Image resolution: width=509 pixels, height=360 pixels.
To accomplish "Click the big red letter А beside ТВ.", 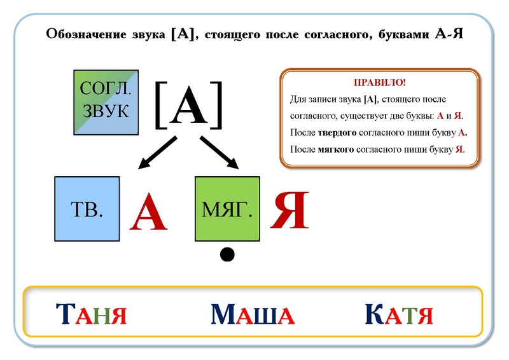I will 148,212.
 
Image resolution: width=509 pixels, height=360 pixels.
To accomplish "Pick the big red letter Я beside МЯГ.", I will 289,211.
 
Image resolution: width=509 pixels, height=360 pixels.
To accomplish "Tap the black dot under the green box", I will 227,254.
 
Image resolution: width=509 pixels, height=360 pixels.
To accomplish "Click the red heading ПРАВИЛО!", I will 380,84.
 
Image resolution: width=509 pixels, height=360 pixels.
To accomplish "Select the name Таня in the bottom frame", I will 92,315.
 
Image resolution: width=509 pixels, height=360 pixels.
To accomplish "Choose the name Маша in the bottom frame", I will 253,315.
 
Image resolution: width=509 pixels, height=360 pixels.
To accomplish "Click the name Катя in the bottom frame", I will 400,315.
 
